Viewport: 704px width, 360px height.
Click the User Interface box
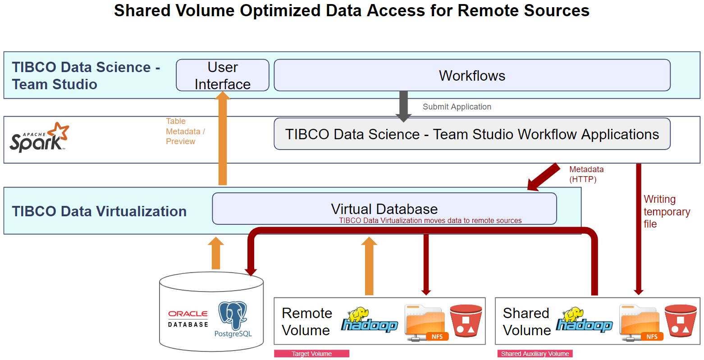click(222, 75)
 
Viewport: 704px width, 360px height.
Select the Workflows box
click(472, 75)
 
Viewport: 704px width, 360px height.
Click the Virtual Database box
click(384, 209)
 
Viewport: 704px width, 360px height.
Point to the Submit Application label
click(457, 107)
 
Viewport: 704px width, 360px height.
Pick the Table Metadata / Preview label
click(185, 131)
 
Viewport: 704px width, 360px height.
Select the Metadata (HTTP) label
click(586, 174)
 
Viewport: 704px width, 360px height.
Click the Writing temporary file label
click(666, 211)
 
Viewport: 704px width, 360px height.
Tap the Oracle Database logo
click(188, 319)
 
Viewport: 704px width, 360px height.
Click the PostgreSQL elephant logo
click(233, 316)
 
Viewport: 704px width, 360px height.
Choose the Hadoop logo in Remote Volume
click(369, 320)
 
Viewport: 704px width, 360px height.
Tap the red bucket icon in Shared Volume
click(681, 321)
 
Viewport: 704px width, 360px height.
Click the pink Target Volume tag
click(311, 354)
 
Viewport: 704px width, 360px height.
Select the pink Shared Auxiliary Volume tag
click(535, 354)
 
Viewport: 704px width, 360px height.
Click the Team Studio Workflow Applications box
click(472, 134)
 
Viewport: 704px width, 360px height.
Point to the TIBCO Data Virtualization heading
click(99, 211)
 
